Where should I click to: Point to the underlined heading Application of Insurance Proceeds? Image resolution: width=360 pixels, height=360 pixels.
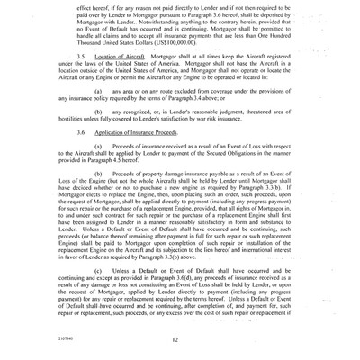[x=139, y=149]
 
